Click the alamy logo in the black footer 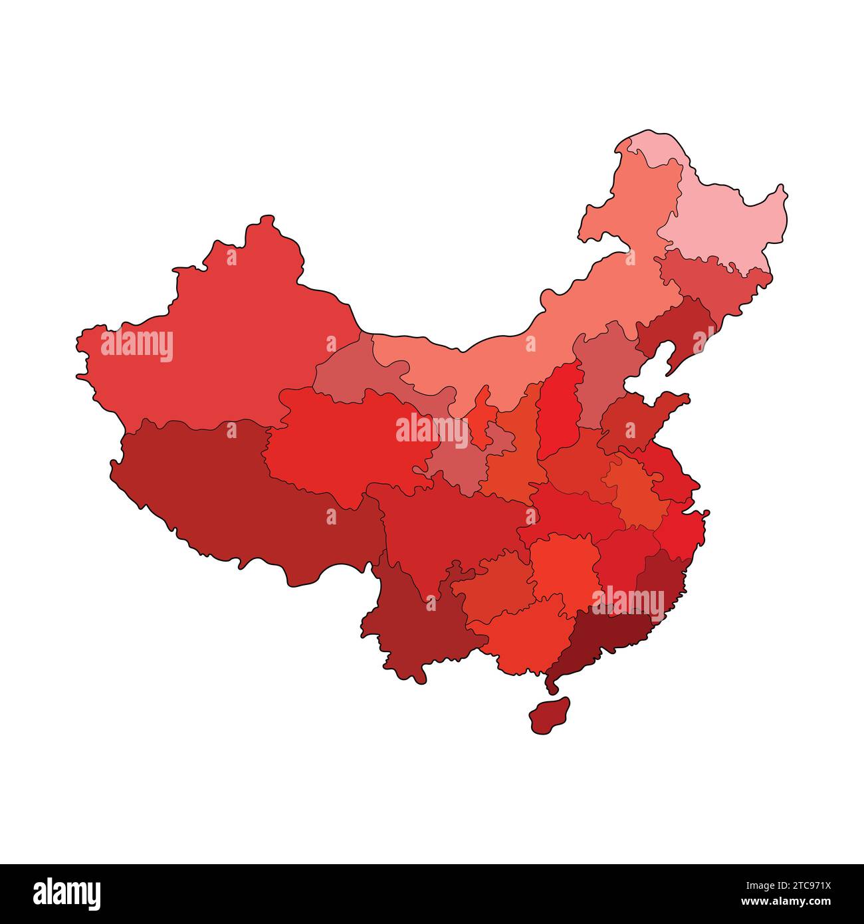(67, 894)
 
